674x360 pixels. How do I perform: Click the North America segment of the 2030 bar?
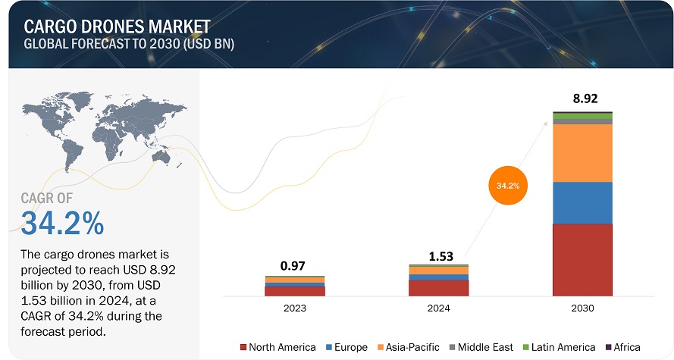582,259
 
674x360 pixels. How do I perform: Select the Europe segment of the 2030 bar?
582,202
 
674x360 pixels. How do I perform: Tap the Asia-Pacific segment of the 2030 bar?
582,153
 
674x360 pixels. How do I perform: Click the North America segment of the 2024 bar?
438,287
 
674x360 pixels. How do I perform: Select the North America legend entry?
278,347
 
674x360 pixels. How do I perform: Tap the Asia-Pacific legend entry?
408,347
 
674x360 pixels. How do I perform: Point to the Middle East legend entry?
481,347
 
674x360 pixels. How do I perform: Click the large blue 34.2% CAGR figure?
62,223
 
